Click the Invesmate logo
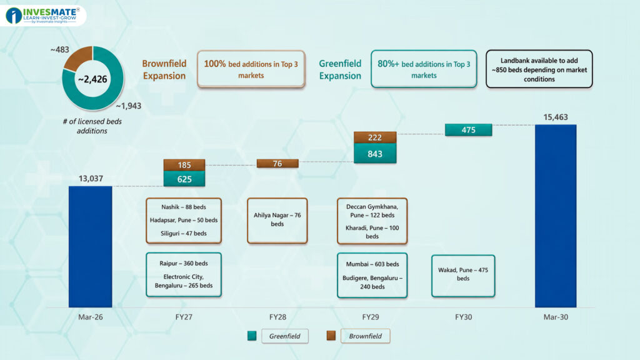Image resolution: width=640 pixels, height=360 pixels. [43, 16]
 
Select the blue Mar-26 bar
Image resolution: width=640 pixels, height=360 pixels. [90, 246]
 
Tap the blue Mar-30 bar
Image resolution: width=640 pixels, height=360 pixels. [556, 216]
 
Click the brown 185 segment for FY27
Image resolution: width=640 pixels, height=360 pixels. [184, 165]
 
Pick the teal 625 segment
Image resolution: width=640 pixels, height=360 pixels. [184, 179]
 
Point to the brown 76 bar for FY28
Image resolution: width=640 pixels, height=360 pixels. [277, 164]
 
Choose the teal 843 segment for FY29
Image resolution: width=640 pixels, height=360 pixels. [375, 154]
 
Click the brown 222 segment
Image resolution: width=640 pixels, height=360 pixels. [375, 137]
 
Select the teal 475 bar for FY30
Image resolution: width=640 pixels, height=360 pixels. [468, 130]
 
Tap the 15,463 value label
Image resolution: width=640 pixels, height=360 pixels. [556, 117]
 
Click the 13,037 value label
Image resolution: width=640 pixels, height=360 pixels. [91, 178]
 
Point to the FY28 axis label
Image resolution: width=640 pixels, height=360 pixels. [277, 317]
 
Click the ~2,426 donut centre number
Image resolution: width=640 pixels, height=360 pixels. [92, 79]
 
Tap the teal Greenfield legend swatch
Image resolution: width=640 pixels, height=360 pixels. [252, 336]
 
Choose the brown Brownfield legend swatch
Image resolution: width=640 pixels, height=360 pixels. [331, 336]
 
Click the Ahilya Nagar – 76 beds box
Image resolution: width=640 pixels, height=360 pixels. [277, 221]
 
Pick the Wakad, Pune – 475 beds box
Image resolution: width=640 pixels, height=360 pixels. [463, 276]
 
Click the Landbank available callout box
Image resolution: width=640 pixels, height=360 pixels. [539, 69]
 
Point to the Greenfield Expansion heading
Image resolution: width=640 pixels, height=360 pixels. [340, 69]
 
